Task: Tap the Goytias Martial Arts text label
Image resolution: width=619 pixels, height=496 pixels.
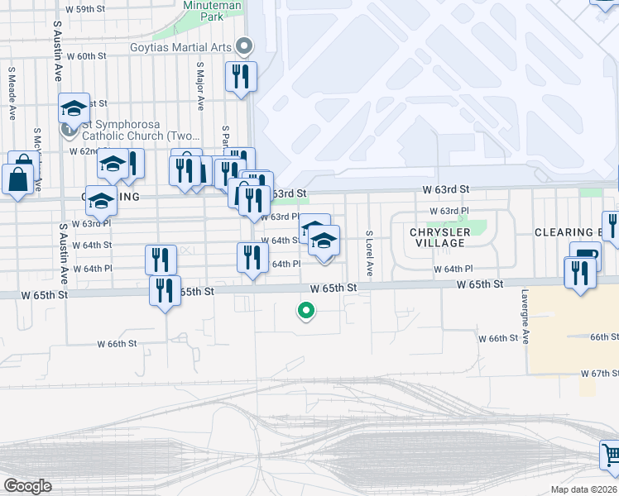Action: (180, 47)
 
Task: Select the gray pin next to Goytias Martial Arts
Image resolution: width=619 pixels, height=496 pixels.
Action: (244, 46)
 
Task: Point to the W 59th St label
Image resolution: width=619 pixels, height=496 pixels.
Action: (86, 8)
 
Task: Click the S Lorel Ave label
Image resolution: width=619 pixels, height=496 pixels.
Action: (369, 253)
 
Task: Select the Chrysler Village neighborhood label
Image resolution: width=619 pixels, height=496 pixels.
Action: (439, 238)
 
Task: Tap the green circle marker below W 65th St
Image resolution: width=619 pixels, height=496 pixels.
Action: (305, 311)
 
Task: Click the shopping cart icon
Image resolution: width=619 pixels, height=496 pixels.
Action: (612, 453)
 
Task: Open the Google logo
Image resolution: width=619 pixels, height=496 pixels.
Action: (28, 485)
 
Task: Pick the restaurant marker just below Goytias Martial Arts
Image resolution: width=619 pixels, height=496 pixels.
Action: (241, 77)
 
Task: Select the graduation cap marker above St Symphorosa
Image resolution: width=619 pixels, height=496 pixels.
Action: (74, 107)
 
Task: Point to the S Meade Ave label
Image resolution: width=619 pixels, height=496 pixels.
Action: (12, 93)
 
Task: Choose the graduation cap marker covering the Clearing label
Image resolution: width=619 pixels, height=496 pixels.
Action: (102, 201)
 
